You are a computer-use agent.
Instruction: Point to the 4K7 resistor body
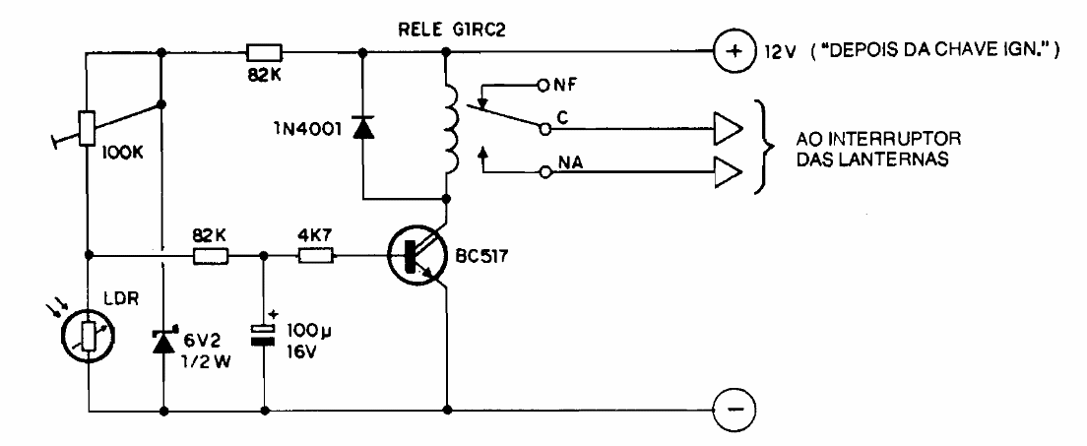pyautogui.click(x=317, y=257)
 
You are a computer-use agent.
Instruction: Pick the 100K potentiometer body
pyautogui.click(x=87, y=127)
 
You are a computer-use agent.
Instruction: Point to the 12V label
pyautogui.click(x=772, y=52)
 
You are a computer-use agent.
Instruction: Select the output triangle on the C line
pyautogui.click(x=725, y=128)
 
